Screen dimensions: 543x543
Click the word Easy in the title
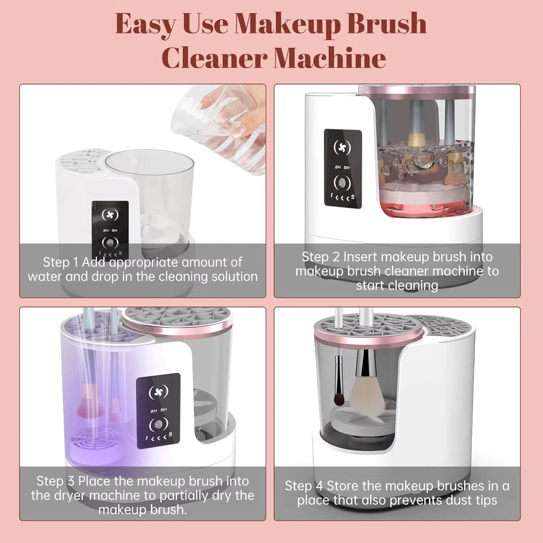point(145,24)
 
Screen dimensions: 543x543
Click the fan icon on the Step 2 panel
point(342,147)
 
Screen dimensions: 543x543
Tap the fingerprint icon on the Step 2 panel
point(342,183)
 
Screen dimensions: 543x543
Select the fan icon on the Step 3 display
point(159,392)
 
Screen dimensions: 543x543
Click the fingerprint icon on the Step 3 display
point(158,425)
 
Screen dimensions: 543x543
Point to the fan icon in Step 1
point(110,215)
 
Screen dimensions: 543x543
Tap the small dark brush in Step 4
point(339,387)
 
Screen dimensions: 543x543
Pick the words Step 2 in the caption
point(321,257)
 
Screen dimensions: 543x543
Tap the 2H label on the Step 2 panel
point(337,168)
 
